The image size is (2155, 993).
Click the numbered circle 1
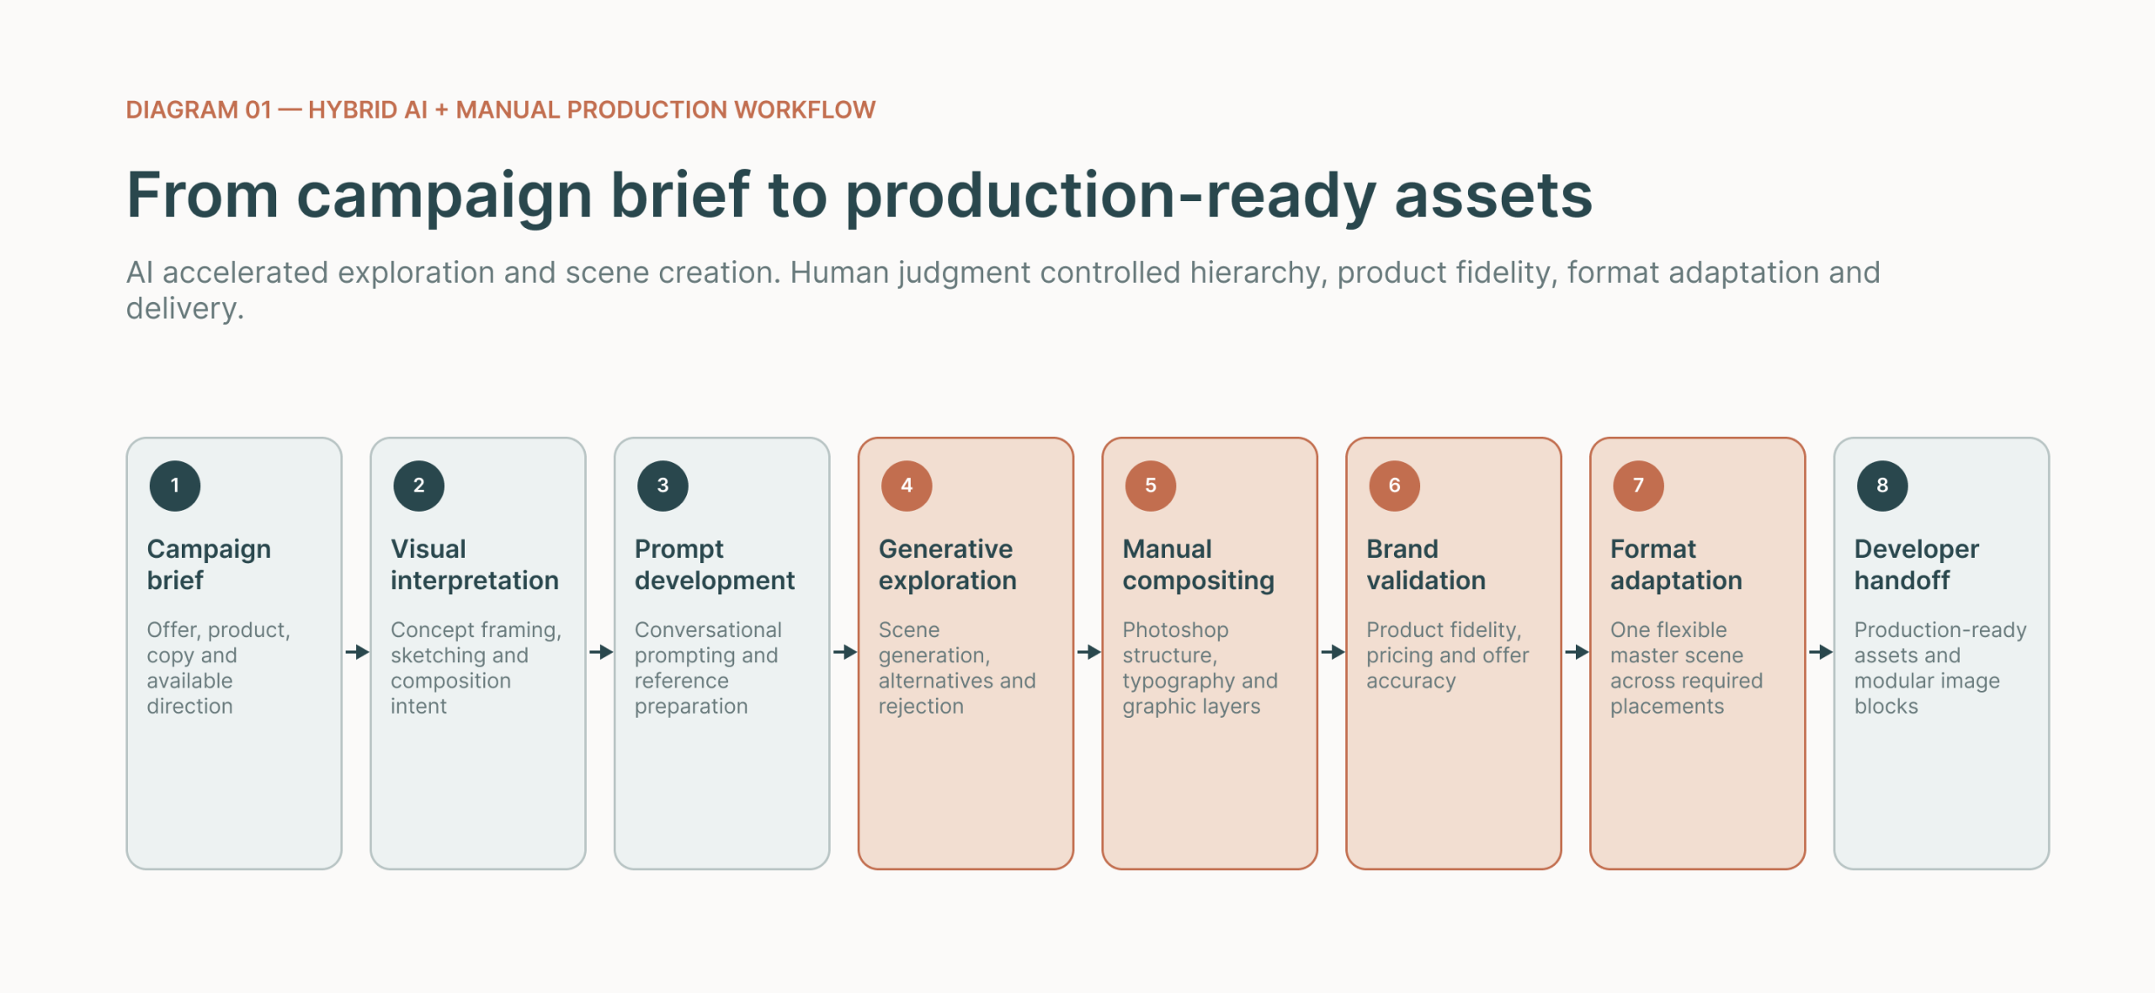click(x=175, y=486)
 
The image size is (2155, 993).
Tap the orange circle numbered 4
click(x=907, y=486)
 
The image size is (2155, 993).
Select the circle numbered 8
click(x=1882, y=486)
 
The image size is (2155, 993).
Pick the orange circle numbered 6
click(x=1394, y=486)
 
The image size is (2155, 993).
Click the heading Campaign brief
click(x=209, y=564)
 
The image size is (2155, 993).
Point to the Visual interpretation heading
click(x=474, y=564)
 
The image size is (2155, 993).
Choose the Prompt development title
click(x=714, y=564)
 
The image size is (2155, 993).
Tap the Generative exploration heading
click(x=947, y=564)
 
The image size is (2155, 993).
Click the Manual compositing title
click(x=1198, y=564)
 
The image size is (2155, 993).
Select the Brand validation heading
click(x=1425, y=564)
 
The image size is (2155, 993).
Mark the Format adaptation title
click(x=1675, y=564)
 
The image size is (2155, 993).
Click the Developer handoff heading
click(x=1916, y=564)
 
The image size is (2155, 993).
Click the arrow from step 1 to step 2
click(x=357, y=652)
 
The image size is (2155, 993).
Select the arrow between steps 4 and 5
click(x=1088, y=652)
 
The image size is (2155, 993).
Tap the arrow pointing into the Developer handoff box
click(x=1820, y=652)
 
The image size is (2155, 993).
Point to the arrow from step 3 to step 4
click(x=844, y=652)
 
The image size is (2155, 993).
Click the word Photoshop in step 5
click(x=1175, y=630)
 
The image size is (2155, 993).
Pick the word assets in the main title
click(x=1493, y=195)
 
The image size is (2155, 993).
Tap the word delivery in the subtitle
click(x=184, y=309)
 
